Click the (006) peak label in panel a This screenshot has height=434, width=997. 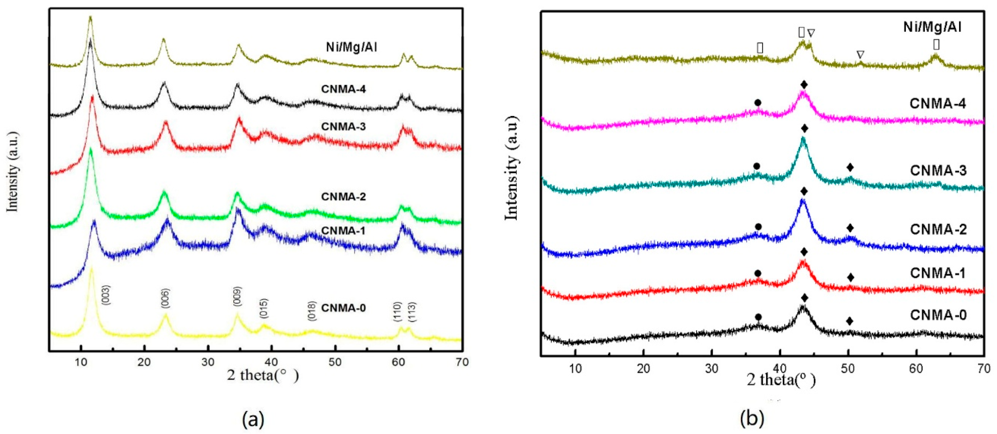tap(165, 298)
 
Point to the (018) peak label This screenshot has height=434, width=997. tap(312, 310)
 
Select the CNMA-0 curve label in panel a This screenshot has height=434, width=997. tap(343, 308)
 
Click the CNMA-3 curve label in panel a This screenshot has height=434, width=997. tap(343, 127)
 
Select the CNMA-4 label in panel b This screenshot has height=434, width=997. tap(938, 104)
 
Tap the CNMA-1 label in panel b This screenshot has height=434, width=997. tap(938, 273)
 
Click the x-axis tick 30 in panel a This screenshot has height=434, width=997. tap(208, 363)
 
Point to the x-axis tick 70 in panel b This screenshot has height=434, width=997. tap(983, 368)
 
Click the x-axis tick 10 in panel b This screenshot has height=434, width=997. tap(575, 368)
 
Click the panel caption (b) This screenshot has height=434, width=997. tap(752, 419)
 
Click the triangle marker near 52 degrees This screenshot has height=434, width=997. tap(860, 55)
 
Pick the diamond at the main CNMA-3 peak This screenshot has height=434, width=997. tap(805, 129)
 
